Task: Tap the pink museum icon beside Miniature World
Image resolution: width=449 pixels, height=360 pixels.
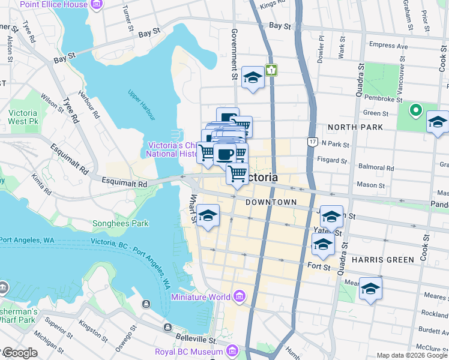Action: [x=240, y=296]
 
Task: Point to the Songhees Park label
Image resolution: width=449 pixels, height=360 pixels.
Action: [x=120, y=224]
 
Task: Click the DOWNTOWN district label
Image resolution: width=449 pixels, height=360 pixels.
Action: [x=271, y=202]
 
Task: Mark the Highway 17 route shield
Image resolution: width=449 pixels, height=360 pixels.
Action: [x=313, y=142]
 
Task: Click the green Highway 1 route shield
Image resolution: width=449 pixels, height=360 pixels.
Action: [x=272, y=70]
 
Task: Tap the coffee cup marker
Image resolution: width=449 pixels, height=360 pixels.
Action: [x=224, y=154]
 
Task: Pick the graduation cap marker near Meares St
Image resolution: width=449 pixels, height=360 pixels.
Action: [x=370, y=289]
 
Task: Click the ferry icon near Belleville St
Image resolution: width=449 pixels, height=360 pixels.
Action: [x=167, y=327]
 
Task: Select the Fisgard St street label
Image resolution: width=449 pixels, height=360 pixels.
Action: [x=334, y=161]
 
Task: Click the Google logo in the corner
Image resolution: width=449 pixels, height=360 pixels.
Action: [x=19, y=353]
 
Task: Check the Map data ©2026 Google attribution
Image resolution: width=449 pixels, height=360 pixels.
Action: [x=411, y=355]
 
